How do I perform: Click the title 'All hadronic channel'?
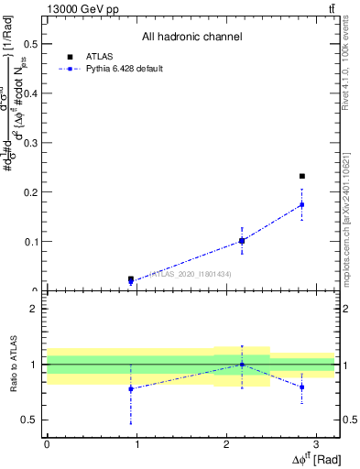pyautogui.click(x=191, y=38)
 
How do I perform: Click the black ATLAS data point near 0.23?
pyautogui.click(x=302, y=176)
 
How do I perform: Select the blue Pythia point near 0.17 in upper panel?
pyautogui.click(x=302, y=204)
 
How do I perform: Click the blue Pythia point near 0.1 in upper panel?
pyautogui.click(x=242, y=241)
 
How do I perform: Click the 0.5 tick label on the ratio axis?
pyautogui.click(x=29, y=420)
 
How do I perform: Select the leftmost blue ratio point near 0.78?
pyautogui.click(x=131, y=388)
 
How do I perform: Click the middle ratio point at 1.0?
pyautogui.click(x=242, y=365)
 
